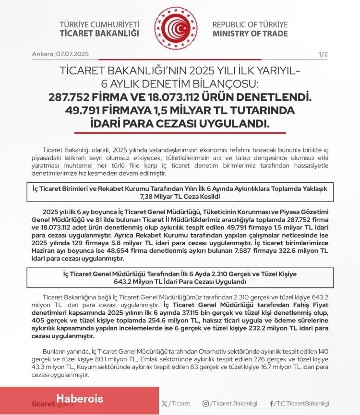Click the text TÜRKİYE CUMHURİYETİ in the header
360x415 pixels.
[99, 24]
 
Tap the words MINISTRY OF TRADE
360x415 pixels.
[250, 34]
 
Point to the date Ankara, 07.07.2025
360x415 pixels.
[60, 54]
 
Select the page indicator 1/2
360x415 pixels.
[323, 54]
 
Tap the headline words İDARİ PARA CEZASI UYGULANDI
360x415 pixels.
[180, 123]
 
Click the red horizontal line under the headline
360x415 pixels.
[180, 133]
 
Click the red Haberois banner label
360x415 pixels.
[79, 399]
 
